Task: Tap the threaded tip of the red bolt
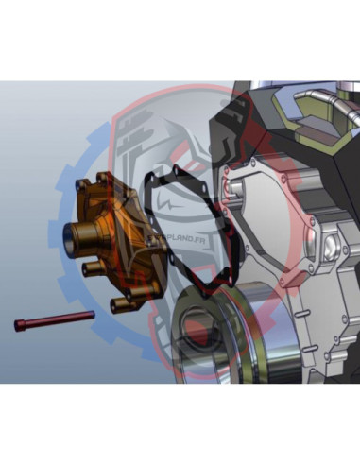click(x=91, y=315)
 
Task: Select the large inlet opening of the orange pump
click(x=73, y=233)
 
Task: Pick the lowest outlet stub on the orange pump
click(x=118, y=304)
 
